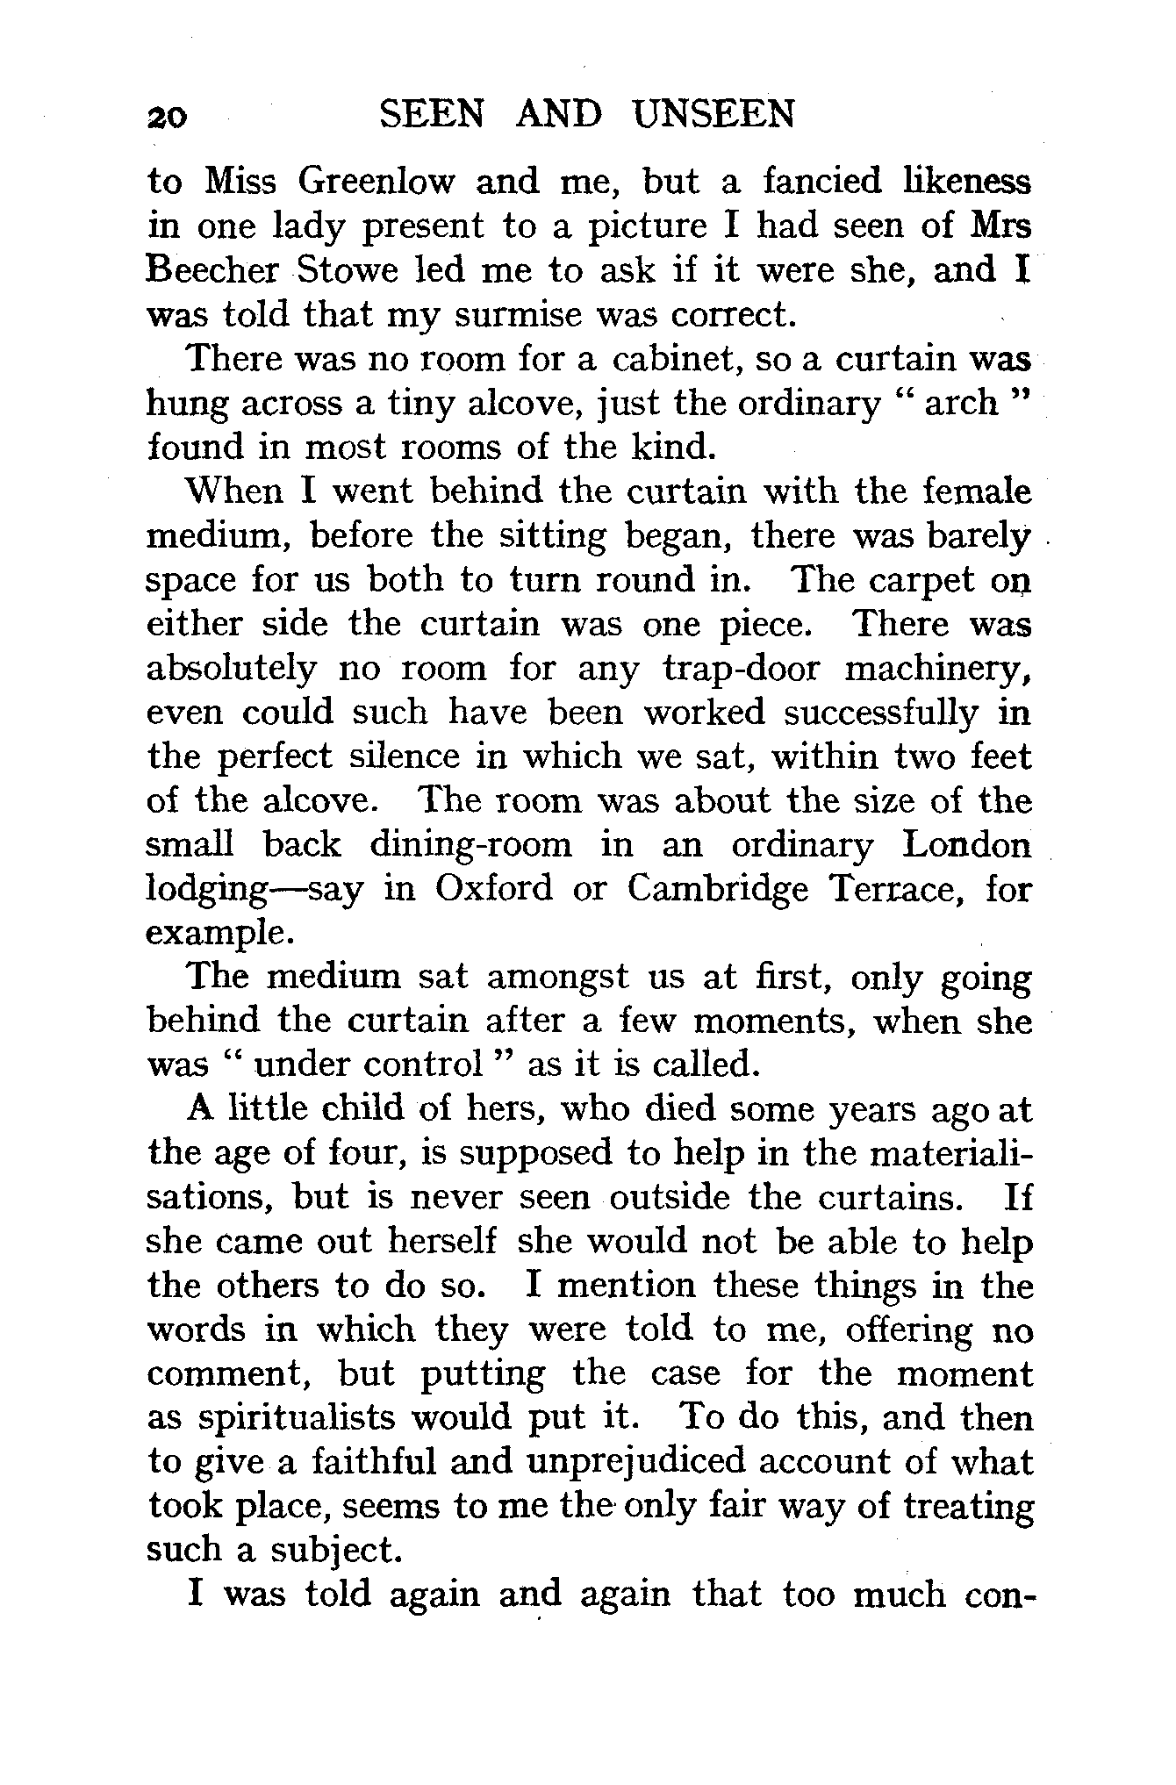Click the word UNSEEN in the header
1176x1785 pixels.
pos(713,115)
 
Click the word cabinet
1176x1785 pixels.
pos(676,359)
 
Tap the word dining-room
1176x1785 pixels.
pos(470,845)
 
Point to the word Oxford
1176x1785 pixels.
pos(495,889)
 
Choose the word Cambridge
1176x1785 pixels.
pos(719,889)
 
